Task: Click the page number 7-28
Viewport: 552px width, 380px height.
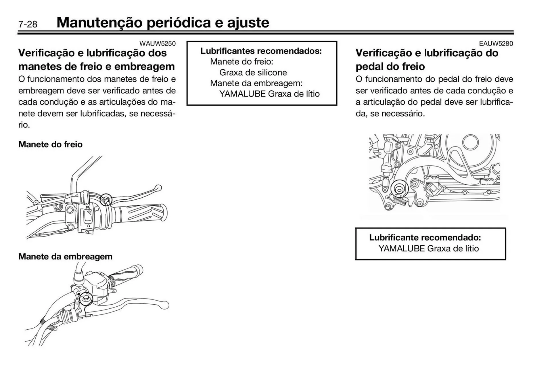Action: point(28,24)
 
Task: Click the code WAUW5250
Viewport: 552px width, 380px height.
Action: point(157,43)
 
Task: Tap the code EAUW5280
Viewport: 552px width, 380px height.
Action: point(496,43)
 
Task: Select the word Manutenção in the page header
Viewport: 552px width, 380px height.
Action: point(99,22)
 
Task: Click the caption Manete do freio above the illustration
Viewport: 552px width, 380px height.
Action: point(50,144)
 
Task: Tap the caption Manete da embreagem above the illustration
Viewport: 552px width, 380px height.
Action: point(65,256)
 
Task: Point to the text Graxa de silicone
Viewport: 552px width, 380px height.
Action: point(253,72)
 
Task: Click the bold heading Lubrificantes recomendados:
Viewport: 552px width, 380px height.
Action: point(261,51)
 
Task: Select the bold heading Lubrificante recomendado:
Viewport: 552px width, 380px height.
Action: point(425,237)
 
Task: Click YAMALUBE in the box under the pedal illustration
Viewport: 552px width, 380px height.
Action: point(401,249)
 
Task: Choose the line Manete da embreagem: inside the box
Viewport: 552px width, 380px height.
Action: point(256,83)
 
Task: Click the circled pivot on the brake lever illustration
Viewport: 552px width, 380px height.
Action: point(106,199)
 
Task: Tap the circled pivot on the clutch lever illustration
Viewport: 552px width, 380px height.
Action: point(86,299)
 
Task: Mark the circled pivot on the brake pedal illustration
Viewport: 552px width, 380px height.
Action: point(399,189)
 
